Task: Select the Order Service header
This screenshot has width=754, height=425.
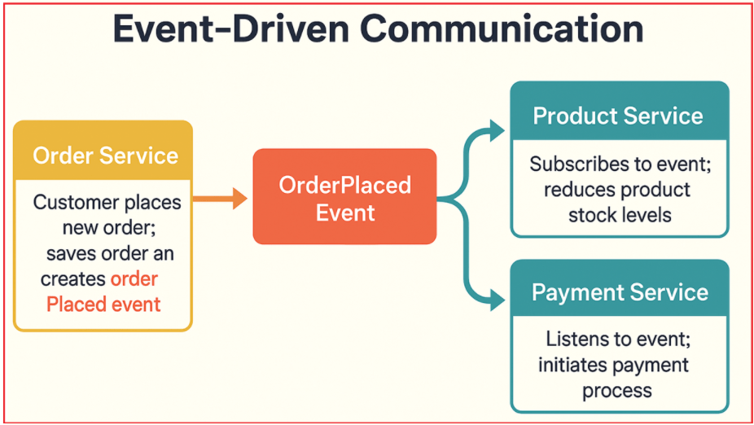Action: click(104, 155)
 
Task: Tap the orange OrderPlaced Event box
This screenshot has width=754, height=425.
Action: click(344, 197)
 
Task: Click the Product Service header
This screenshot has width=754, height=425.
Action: click(618, 116)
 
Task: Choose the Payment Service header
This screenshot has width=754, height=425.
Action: click(620, 292)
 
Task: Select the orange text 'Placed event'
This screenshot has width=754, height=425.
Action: click(103, 305)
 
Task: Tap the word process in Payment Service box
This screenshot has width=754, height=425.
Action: click(616, 390)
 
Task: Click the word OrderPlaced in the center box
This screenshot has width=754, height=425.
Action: click(344, 185)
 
